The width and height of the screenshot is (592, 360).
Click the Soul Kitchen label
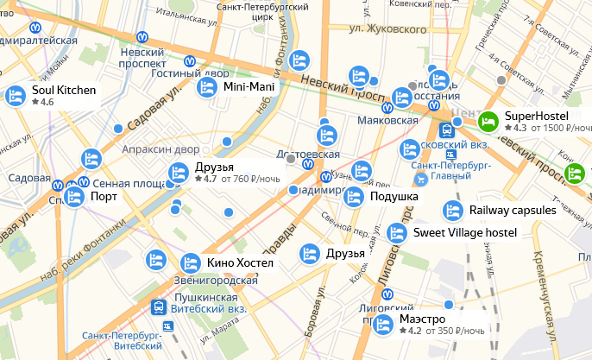(64, 90)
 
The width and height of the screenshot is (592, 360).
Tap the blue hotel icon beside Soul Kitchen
(15, 96)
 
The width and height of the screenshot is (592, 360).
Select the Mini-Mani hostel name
(248, 87)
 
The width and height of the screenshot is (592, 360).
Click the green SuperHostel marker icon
(488, 122)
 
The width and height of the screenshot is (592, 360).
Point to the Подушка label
(394, 197)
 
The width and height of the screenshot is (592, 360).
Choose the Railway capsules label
(513, 211)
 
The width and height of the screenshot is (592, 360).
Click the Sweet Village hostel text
(465, 232)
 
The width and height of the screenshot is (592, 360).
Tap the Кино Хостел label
(240, 262)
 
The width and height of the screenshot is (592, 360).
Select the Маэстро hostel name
(423, 319)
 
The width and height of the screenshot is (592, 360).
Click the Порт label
(104, 196)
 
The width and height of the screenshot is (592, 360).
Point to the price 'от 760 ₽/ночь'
(251, 180)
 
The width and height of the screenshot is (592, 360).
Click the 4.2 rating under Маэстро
(415, 331)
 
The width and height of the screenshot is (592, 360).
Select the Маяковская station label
(387, 120)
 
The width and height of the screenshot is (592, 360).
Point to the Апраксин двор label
(161, 148)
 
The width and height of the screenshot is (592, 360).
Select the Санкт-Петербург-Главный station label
(445, 170)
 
